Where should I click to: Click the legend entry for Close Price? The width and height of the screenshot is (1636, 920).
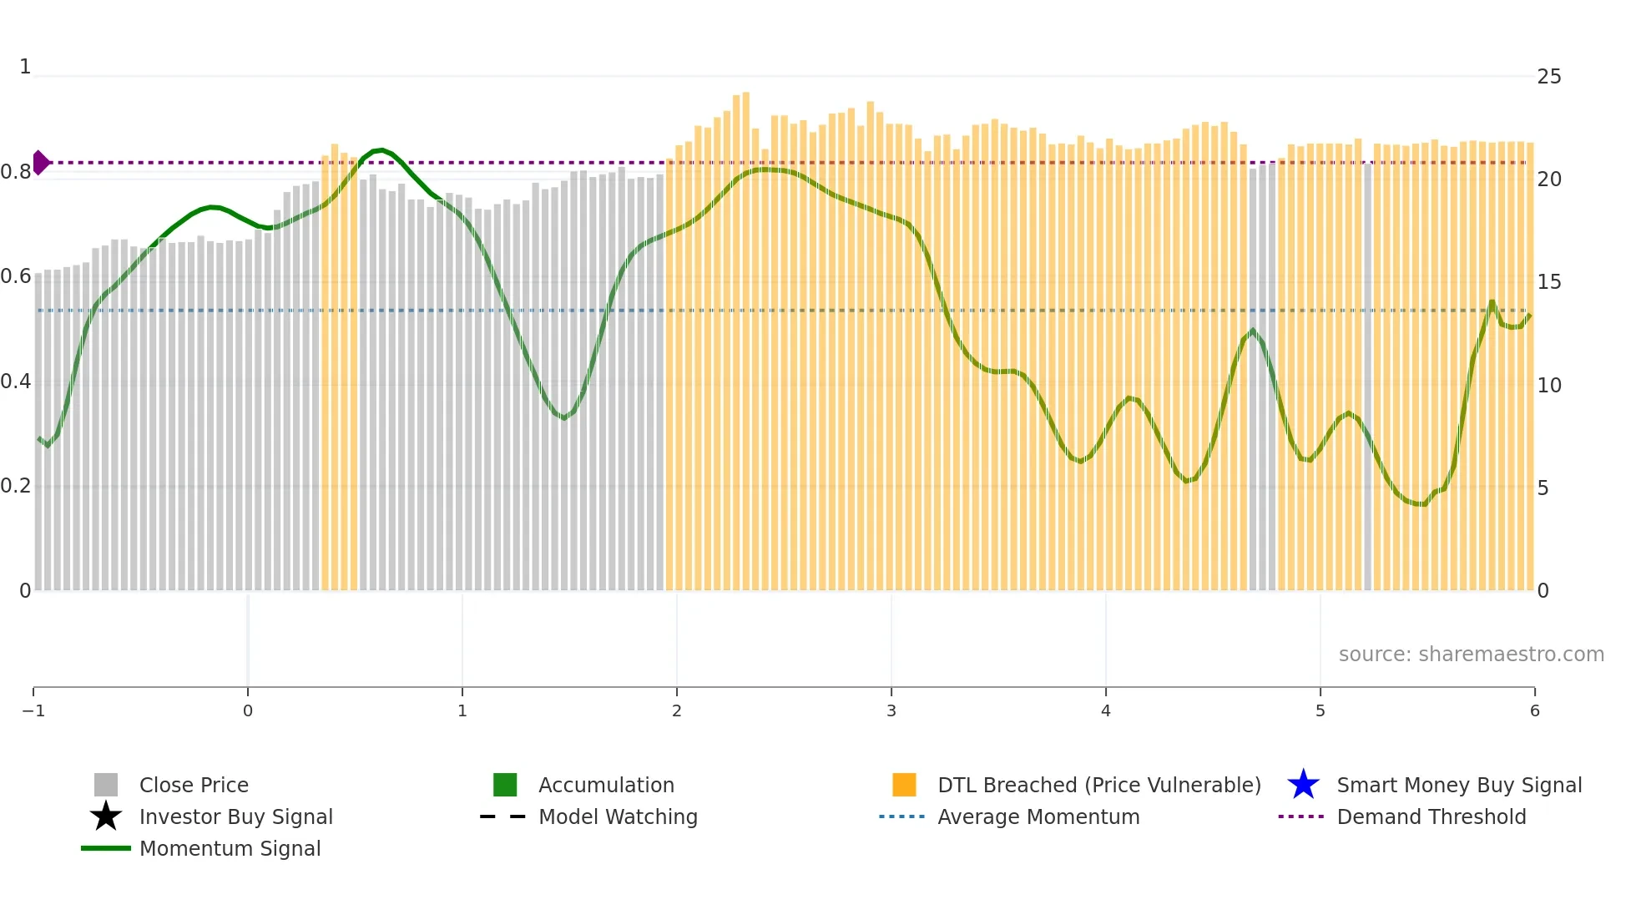194,785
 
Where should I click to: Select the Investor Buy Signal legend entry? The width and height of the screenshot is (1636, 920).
235,816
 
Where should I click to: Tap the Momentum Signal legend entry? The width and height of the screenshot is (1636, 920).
230,848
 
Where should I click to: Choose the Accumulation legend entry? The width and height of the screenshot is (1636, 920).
606,785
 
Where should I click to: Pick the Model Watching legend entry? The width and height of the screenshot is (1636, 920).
618,816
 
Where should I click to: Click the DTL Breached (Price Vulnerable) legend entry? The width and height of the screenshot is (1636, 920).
1098,785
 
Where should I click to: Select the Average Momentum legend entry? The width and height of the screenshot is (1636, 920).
1038,816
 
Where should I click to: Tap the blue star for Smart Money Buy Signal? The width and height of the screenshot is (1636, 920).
1303,785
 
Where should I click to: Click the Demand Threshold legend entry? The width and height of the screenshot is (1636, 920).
1431,816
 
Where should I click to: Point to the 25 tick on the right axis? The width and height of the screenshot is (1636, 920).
1549,77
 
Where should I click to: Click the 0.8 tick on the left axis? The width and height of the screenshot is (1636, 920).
16,172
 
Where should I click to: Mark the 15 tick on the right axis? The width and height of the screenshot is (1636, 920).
1549,282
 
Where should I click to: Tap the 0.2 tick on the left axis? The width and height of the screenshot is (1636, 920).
16,486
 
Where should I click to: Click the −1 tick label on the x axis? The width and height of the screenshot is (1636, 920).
33,710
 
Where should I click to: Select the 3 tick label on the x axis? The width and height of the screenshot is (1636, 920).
891,710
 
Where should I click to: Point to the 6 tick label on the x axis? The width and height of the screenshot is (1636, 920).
1534,710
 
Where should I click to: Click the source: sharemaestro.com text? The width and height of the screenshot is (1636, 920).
1471,654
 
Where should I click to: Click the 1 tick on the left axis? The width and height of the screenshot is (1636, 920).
25,67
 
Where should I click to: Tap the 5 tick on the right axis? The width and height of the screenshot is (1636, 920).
1543,488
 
